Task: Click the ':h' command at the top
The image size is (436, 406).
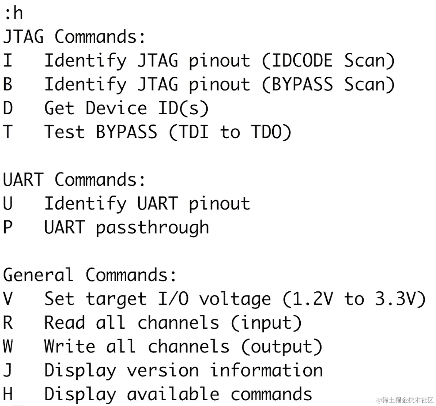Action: pos(13,14)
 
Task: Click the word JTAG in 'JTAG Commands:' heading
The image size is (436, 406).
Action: pos(23,37)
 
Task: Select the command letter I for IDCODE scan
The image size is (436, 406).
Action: pos(8,61)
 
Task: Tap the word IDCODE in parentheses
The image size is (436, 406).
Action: pos(301,61)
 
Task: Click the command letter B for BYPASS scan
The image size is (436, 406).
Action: pos(8,84)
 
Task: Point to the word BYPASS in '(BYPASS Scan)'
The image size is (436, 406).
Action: pos(301,84)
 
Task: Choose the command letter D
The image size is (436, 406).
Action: pos(8,108)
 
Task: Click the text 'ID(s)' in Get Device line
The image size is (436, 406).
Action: pos(183,108)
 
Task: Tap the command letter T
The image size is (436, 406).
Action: pos(8,132)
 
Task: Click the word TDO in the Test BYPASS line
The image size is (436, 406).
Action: pos(271,132)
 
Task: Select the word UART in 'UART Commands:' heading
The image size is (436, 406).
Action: pos(23,180)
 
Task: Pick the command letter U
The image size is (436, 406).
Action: pos(8,204)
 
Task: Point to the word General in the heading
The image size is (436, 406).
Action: pos(38,275)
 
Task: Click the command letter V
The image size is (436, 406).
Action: pos(8,299)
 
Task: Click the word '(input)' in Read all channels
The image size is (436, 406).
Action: pos(266,323)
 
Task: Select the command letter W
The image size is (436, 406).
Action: pos(8,347)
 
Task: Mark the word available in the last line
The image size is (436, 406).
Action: pos(173,395)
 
